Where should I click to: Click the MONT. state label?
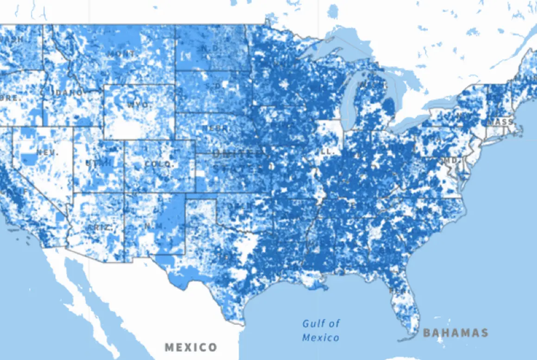[x=121, y=54]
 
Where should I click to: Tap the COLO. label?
[x=159, y=164]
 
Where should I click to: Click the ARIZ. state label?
[x=99, y=227]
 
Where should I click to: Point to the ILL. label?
[x=326, y=152]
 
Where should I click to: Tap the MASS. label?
[x=501, y=122]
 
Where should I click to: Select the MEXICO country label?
[x=191, y=347]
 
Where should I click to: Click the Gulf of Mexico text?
[x=321, y=330]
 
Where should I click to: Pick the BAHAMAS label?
[x=456, y=333]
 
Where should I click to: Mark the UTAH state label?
[x=99, y=163]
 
